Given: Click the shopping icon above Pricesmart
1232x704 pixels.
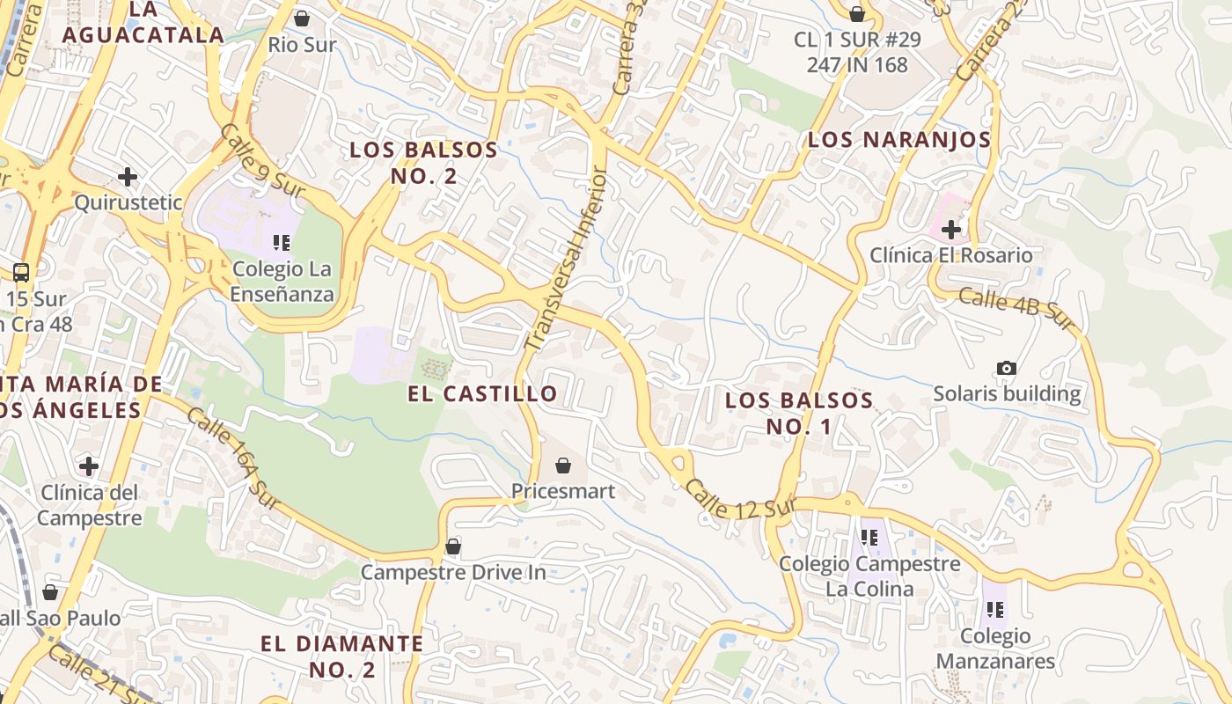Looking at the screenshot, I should click(x=563, y=465).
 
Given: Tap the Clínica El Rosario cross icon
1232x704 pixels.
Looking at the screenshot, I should click(x=950, y=230).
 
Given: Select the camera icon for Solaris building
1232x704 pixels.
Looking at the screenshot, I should click(x=1007, y=368).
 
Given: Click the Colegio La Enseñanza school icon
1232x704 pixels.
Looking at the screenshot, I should click(x=282, y=243).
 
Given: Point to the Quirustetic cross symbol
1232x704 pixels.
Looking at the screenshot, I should click(x=128, y=177).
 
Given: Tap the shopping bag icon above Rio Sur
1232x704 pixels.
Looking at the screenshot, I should click(x=302, y=18).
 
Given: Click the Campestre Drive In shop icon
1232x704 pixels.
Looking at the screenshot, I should click(x=453, y=546).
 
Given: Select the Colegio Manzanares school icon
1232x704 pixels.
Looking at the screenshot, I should click(x=995, y=609).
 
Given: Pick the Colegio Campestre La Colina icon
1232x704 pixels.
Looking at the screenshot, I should click(x=869, y=537).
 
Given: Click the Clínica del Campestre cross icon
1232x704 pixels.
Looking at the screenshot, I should click(x=89, y=466).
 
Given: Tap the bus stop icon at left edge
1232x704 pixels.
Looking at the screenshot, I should click(x=21, y=273).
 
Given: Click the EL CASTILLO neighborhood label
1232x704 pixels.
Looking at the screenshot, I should click(x=482, y=393).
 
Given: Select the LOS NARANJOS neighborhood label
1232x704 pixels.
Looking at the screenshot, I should click(x=899, y=140).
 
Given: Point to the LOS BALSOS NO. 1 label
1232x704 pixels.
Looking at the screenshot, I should click(x=799, y=414).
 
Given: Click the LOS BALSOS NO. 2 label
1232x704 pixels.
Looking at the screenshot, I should click(x=424, y=163).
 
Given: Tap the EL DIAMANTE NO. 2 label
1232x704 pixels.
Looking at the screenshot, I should click(x=342, y=656).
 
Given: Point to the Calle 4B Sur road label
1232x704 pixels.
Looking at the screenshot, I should click(x=1016, y=310).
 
